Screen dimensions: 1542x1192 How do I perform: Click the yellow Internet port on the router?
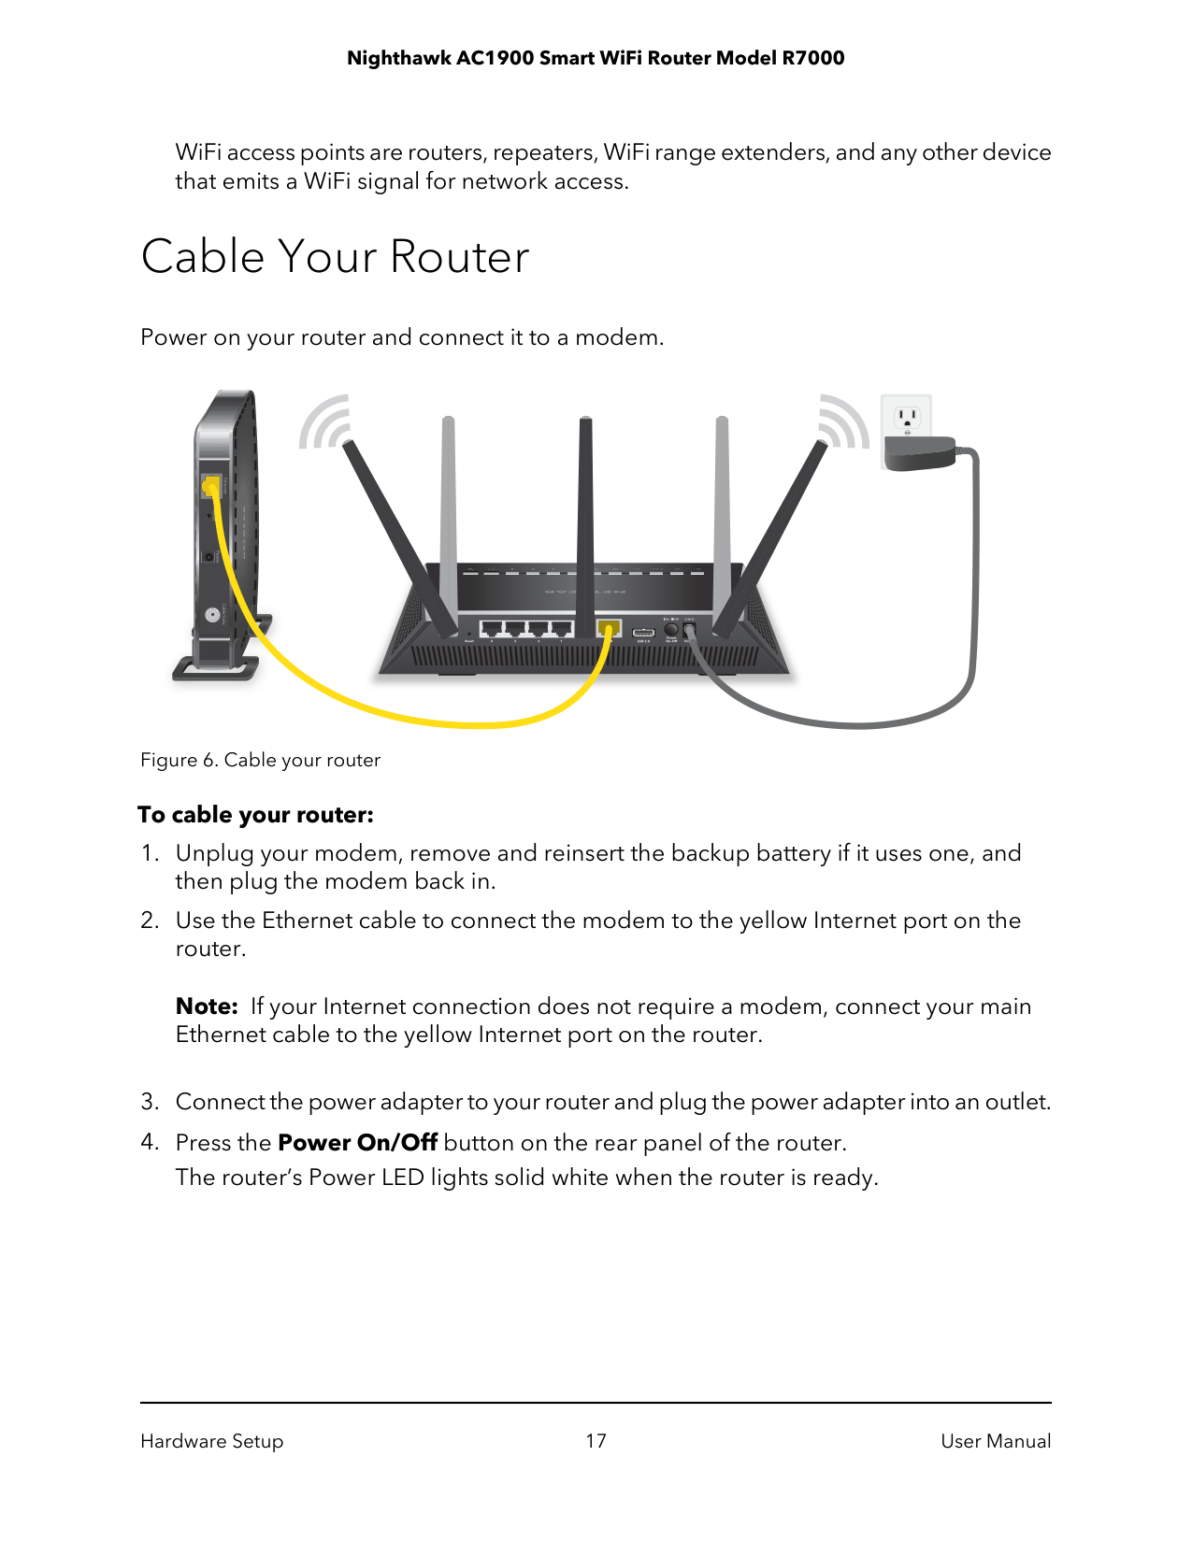[x=610, y=627]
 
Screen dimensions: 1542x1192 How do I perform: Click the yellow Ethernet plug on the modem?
[x=211, y=487]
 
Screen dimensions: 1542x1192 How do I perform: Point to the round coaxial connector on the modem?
[x=213, y=615]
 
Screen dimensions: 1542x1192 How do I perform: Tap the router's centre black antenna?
[x=586, y=523]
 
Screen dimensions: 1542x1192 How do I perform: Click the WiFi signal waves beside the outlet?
[x=844, y=422]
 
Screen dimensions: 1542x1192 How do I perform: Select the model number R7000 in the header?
[x=812, y=58]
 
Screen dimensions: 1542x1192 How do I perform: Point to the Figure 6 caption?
[x=260, y=760]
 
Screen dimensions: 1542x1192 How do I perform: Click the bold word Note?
[x=207, y=1007]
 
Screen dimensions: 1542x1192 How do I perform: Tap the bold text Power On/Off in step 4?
[x=357, y=1143]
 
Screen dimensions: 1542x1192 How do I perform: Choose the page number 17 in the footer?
[x=596, y=1441]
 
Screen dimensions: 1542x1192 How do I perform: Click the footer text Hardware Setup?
[x=211, y=1441]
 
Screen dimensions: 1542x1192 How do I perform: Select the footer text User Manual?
[x=995, y=1441]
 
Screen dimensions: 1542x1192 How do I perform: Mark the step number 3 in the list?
[x=149, y=1102]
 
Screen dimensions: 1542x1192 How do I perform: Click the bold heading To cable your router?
[x=255, y=815]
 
